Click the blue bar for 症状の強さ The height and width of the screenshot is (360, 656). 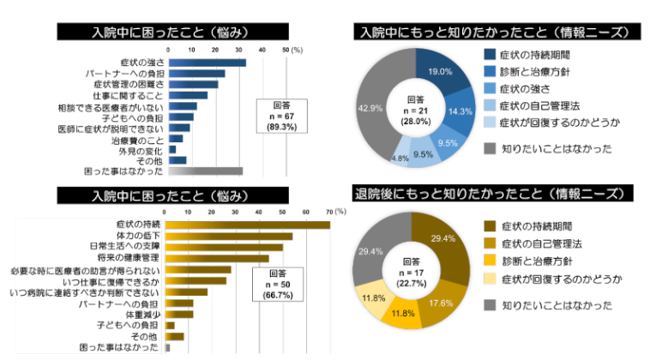206,63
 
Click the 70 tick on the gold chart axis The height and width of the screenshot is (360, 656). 330,211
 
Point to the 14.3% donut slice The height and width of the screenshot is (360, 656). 461,112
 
